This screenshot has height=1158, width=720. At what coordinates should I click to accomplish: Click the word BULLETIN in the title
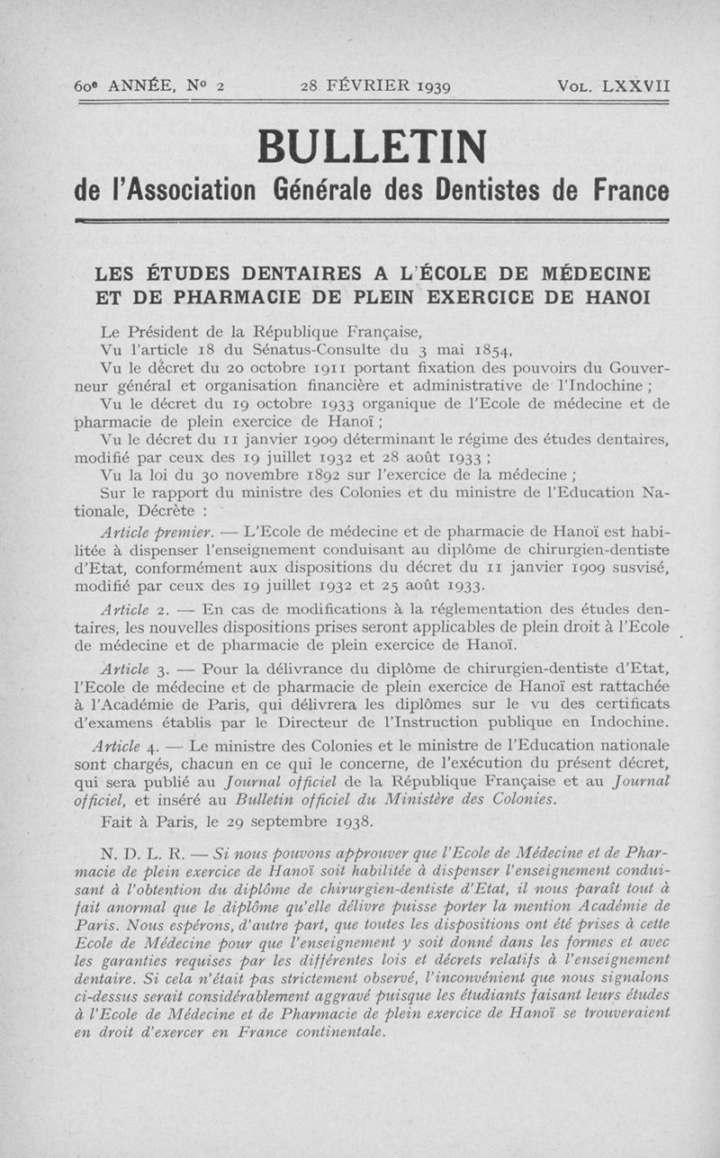click(x=372, y=146)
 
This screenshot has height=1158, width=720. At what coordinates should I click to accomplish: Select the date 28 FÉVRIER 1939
click(x=375, y=87)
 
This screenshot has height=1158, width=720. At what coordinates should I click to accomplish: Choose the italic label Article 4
click(x=126, y=745)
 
